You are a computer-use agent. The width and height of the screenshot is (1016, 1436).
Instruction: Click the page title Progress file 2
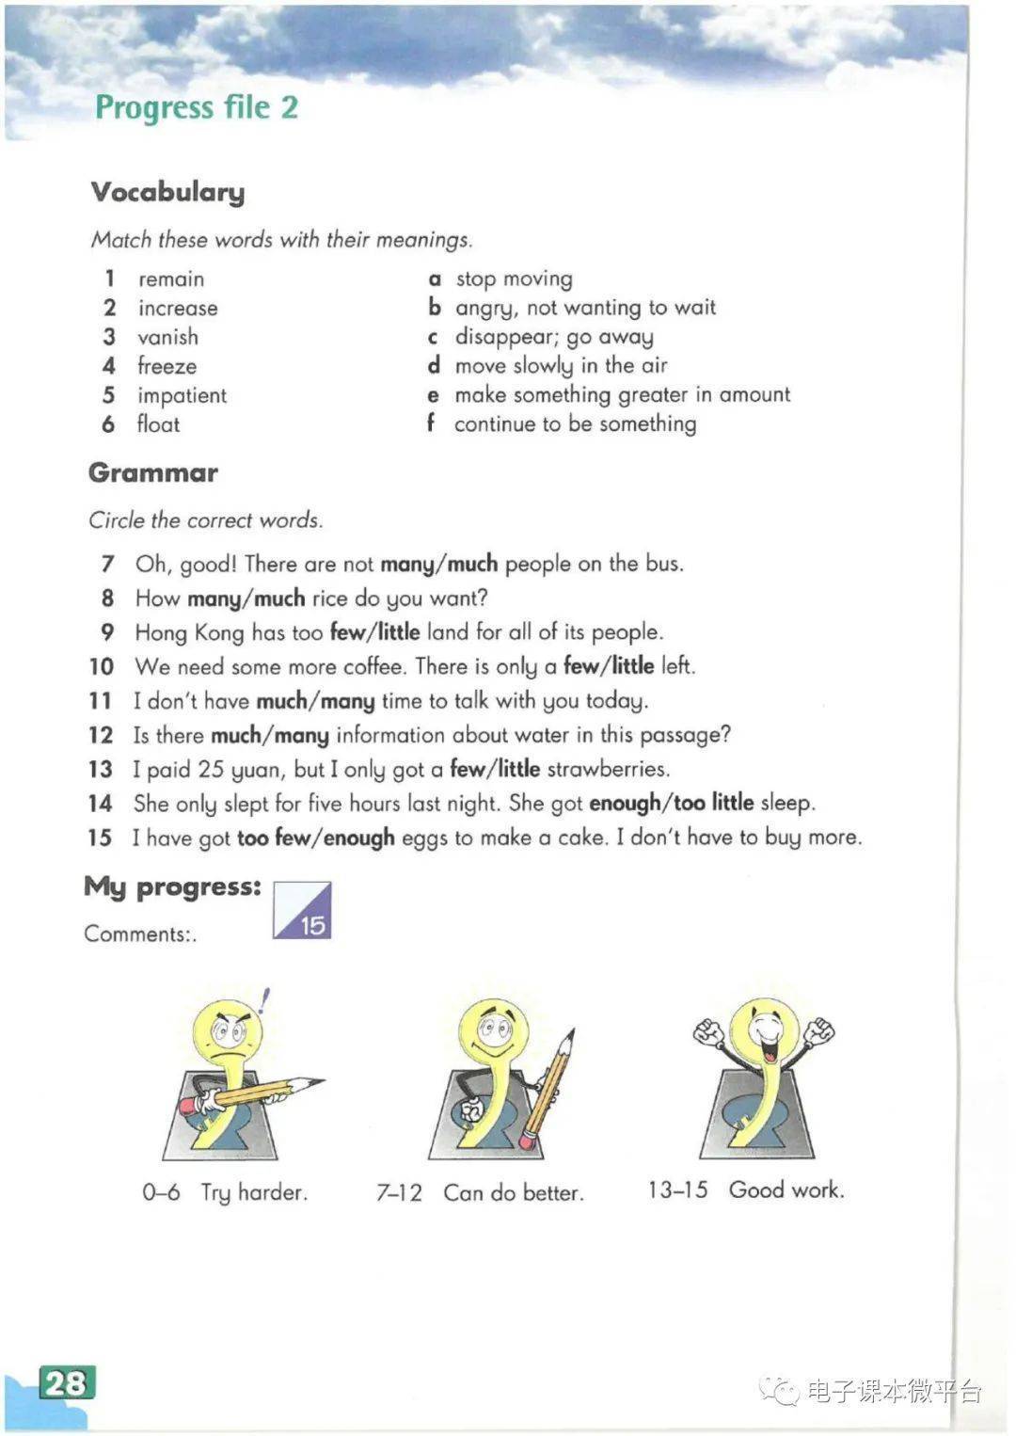coord(197,107)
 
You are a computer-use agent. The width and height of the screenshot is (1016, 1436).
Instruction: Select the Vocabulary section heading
coord(167,192)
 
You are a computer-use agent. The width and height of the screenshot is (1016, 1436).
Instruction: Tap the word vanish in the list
coord(167,337)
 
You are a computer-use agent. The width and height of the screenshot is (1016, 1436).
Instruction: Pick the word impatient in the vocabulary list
coord(182,395)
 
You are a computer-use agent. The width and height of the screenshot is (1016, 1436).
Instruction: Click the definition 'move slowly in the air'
coord(561,365)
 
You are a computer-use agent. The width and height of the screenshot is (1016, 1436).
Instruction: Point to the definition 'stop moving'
coord(514,279)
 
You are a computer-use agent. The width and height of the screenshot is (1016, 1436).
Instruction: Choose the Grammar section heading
coord(153,472)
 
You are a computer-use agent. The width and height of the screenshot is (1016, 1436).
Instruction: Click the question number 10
coord(101,666)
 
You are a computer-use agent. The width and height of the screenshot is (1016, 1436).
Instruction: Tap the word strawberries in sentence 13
coord(608,769)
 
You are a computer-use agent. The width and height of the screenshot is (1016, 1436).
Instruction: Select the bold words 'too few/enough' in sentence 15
coord(315,838)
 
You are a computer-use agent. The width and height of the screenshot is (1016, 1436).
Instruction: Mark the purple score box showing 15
coord(303,910)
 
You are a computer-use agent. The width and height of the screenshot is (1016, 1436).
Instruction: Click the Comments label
coord(139,933)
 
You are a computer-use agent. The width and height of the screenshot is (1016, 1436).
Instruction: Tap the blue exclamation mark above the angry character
coord(265,1000)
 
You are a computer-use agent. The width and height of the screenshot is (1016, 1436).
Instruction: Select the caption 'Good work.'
coord(786,1189)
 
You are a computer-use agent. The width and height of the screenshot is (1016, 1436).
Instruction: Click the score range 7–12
coord(399,1192)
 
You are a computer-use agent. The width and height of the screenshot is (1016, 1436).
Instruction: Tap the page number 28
coord(67,1382)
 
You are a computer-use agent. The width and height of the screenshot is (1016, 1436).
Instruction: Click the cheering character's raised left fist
coord(708,1032)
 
